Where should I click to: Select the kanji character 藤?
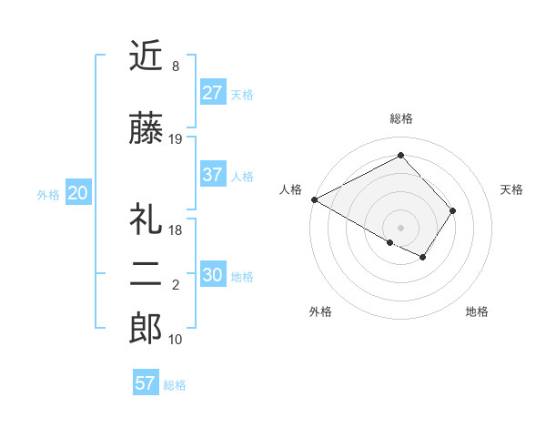click(146, 129)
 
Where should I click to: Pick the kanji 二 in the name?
click(146, 275)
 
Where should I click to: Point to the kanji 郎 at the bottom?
click(146, 329)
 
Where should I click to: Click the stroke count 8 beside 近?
click(175, 67)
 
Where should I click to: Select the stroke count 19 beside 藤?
click(177, 139)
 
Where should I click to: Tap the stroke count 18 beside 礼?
click(177, 230)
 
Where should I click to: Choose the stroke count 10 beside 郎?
click(177, 340)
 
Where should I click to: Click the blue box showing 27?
click(213, 93)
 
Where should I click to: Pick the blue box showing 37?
click(213, 175)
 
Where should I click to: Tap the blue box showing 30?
click(213, 275)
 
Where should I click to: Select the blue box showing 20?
click(78, 193)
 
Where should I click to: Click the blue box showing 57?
click(146, 383)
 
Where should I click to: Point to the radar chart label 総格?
click(401, 118)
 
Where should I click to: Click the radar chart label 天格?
click(512, 189)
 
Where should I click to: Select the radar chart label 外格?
click(320, 311)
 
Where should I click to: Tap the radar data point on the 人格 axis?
click(314, 199)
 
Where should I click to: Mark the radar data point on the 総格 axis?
click(400, 156)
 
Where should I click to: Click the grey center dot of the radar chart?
click(400, 226)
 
